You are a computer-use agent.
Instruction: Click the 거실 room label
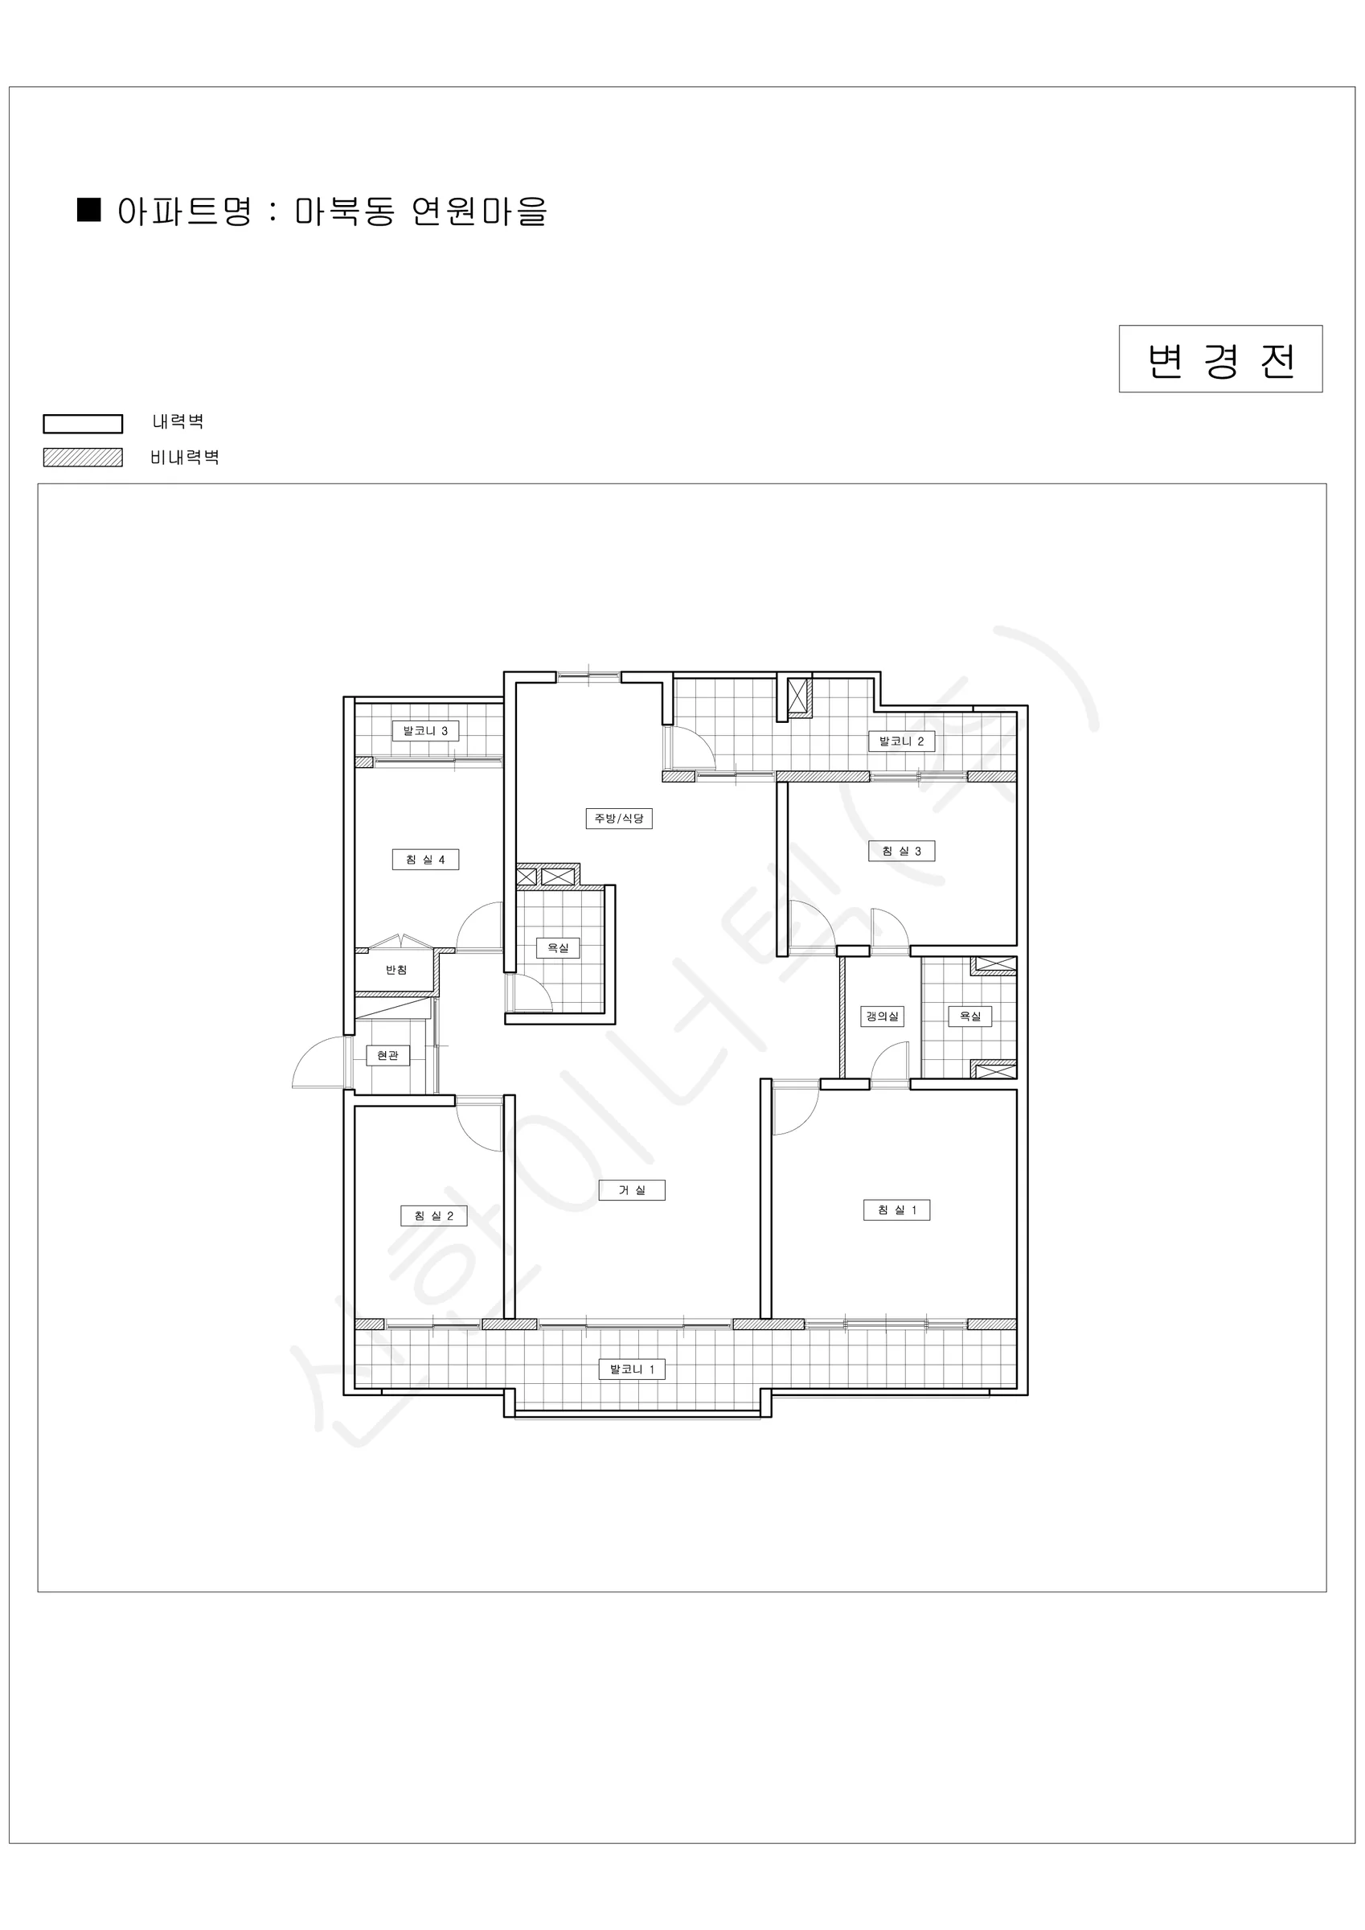pyautogui.click(x=631, y=1190)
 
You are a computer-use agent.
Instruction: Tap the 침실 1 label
pyautogui.click(x=897, y=1210)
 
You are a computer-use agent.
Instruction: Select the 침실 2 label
pyautogui.click(x=434, y=1217)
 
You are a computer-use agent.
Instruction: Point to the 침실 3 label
pyautogui.click(x=902, y=852)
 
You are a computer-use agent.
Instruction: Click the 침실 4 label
pyautogui.click(x=425, y=860)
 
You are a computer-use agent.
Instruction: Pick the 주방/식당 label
pyautogui.click(x=619, y=819)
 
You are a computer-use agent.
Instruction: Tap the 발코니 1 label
pyautogui.click(x=632, y=1369)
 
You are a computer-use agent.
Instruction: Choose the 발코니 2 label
pyautogui.click(x=902, y=741)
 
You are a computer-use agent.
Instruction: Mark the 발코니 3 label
pyautogui.click(x=425, y=731)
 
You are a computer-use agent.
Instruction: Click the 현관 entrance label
pyautogui.click(x=387, y=1056)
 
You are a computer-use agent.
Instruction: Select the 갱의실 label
pyautogui.click(x=883, y=1017)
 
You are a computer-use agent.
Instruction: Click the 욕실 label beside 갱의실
pyautogui.click(x=970, y=1017)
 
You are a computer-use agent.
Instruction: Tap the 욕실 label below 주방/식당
pyautogui.click(x=558, y=948)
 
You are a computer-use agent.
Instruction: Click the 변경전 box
pyautogui.click(x=1220, y=359)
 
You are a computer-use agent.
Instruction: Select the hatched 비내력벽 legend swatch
pyautogui.click(x=84, y=458)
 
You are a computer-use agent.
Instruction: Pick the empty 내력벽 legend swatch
pyautogui.click(x=84, y=424)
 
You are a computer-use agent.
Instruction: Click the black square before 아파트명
pyautogui.click(x=89, y=210)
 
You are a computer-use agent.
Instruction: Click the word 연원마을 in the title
pyautogui.click(x=479, y=211)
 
